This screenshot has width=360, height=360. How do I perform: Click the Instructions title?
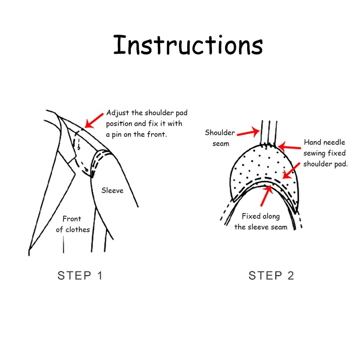[x=188, y=45]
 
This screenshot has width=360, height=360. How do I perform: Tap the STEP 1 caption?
[x=80, y=275]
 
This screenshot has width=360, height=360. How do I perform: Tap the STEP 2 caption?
[x=271, y=275]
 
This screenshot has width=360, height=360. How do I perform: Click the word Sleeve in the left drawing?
[x=112, y=190]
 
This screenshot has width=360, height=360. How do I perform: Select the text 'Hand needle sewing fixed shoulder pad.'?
[x=325, y=153]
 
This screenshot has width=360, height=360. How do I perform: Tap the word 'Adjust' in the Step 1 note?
[x=117, y=113]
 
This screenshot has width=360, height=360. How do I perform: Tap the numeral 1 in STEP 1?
[x=99, y=275]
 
